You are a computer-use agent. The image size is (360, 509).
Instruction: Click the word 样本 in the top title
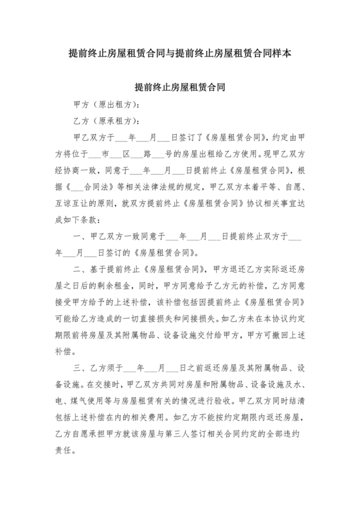(x=284, y=55)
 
